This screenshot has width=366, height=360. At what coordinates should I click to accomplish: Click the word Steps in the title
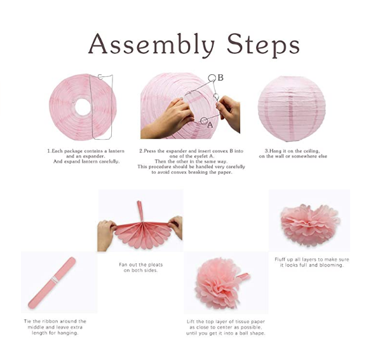click(263, 45)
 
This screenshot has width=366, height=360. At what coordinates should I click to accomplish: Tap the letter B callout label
click(220, 77)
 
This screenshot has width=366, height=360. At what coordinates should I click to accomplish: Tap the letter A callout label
click(210, 125)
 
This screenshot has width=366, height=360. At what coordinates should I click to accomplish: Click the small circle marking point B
click(212, 78)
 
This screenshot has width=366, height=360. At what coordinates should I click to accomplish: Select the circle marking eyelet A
click(204, 121)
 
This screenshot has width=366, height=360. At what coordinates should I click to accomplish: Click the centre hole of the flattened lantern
click(83, 107)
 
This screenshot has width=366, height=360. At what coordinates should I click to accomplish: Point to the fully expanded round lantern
click(292, 108)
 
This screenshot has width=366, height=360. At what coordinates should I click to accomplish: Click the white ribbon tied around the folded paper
click(54, 279)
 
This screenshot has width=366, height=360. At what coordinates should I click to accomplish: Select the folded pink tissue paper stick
click(52, 283)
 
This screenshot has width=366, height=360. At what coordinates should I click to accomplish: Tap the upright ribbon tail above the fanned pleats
click(140, 211)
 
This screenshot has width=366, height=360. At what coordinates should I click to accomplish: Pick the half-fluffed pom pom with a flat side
click(309, 225)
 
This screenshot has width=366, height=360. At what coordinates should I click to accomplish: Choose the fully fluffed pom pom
click(219, 283)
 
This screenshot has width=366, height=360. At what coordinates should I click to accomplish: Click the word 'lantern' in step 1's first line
click(116, 151)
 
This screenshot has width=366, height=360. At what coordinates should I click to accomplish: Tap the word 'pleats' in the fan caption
click(154, 265)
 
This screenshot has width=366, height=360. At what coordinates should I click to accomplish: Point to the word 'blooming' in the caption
click(332, 265)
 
